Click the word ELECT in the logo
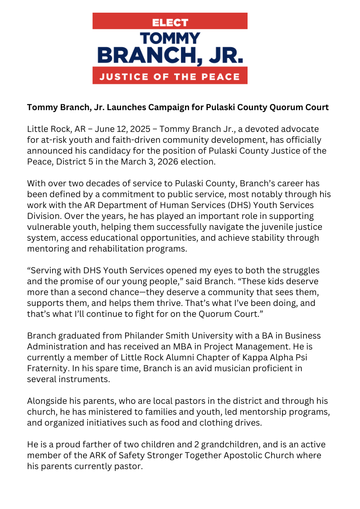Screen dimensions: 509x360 click(170, 22)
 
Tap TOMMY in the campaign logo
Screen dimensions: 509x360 click(170, 39)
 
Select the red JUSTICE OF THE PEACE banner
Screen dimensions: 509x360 click(170, 76)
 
